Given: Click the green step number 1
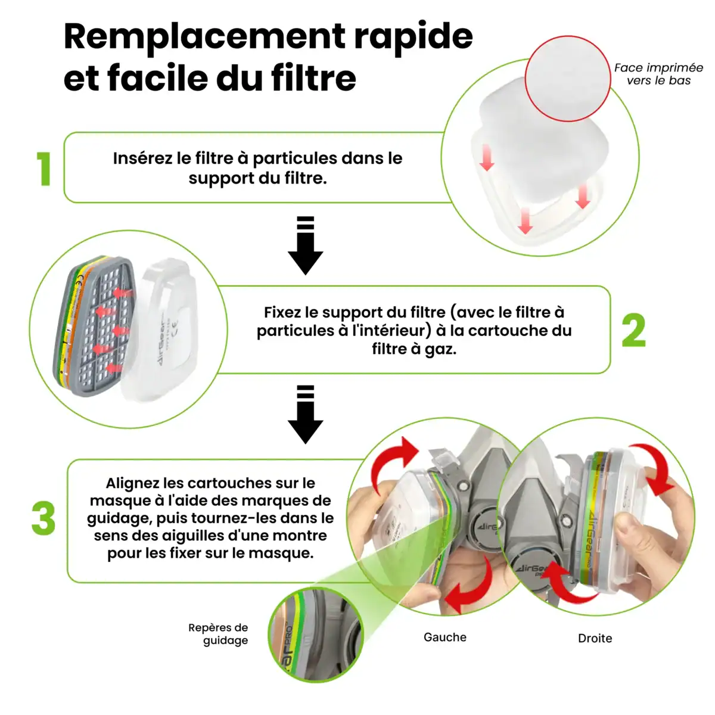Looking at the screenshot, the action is tap(44, 169).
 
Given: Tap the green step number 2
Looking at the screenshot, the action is tap(634, 330).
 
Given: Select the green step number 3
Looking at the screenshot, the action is tap(43, 518).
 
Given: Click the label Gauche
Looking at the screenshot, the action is tap(445, 637).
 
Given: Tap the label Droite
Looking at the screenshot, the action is tap(595, 638).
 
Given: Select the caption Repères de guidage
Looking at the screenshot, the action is tap(218, 634).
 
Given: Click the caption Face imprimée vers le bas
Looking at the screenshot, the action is tap(658, 74).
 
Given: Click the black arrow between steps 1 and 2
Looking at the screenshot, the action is tap(306, 245).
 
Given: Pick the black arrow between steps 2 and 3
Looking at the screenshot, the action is tap(306, 415).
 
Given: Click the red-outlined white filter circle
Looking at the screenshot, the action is tap(568, 79).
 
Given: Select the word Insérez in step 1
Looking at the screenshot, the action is tap(143, 158).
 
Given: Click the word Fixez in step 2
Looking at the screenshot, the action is tap(283, 312).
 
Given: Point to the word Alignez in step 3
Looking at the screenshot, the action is tap(133, 483).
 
